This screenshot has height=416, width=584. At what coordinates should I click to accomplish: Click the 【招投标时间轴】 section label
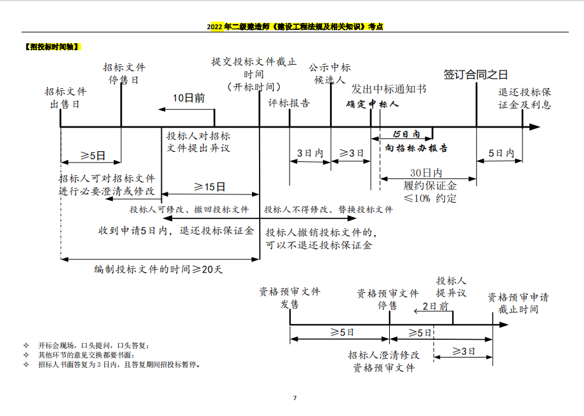pos(53,46)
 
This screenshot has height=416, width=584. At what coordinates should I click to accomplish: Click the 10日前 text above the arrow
pos(189,98)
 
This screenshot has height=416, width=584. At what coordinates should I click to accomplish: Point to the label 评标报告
pos(289,104)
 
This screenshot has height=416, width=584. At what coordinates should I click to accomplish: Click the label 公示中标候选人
pos(329,74)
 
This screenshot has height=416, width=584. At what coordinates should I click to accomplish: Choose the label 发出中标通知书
pos(388,89)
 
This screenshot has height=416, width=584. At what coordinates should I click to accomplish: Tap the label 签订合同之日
pos(475,74)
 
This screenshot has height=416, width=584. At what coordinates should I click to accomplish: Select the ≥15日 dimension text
pos(209,187)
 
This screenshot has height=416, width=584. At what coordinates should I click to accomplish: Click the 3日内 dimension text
pos(310,153)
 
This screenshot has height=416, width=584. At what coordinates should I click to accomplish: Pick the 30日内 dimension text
pos(426,173)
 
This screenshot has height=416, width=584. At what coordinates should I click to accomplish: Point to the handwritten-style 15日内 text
pos(406,135)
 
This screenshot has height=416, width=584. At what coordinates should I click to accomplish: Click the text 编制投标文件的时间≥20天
pos(159,269)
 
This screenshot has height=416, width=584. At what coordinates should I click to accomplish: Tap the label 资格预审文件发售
pos(289,298)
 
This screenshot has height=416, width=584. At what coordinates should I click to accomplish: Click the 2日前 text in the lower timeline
pos(435,306)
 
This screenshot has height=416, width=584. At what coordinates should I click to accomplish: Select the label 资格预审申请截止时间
pos(518,303)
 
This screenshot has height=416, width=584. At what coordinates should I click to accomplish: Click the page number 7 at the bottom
pos(295,398)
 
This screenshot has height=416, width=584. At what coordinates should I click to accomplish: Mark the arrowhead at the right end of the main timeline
pos(534,127)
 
